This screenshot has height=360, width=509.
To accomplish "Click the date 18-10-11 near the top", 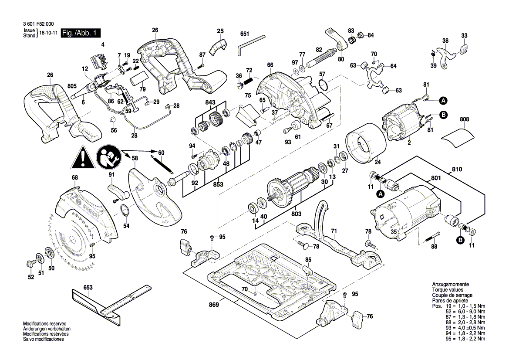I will tap(48, 33).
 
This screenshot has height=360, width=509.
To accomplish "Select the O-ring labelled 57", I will tap(323, 85).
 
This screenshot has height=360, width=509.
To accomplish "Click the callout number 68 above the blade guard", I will tap(75, 177).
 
